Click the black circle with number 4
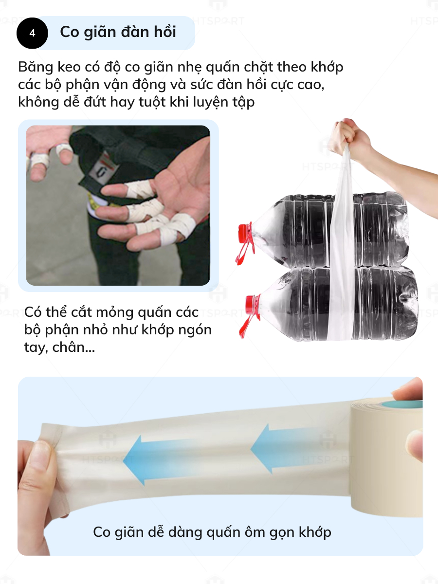[x=32, y=33]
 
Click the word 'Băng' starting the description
[x=36, y=67]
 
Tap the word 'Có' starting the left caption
[x=33, y=312]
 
